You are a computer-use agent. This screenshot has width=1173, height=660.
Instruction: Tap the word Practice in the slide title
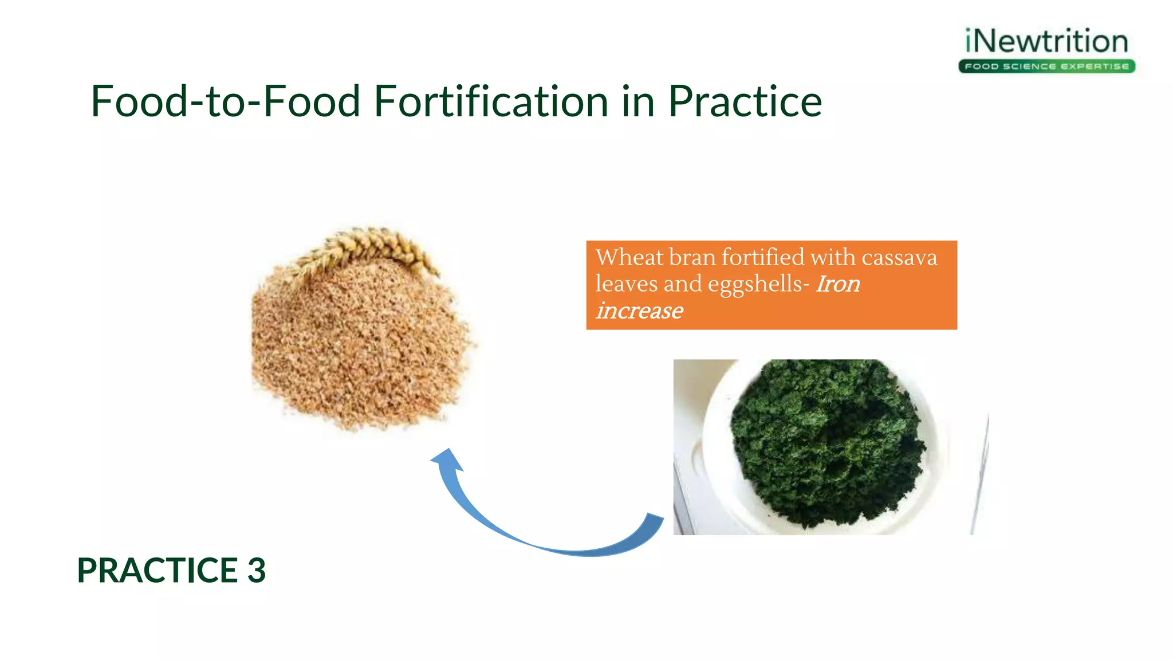(x=745, y=101)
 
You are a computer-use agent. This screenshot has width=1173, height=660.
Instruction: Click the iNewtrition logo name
(x=1046, y=42)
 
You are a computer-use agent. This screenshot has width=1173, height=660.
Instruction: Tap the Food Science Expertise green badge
(x=1046, y=66)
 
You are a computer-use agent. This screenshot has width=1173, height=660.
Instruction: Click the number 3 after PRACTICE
(x=257, y=571)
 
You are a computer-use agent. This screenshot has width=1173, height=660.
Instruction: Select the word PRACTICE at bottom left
(x=158, y=571)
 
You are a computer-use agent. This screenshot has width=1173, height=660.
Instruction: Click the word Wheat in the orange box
(x=629, y=257)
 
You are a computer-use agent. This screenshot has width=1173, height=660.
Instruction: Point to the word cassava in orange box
(x=899, y=257)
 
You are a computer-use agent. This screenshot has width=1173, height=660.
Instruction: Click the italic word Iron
(x=837, y=284)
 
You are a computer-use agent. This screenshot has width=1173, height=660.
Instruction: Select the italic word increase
(x=639, y=311)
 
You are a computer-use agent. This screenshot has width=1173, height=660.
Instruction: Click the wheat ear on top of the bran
(x=367, y=246)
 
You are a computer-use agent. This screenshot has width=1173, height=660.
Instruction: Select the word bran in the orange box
(x=692, y=257)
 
